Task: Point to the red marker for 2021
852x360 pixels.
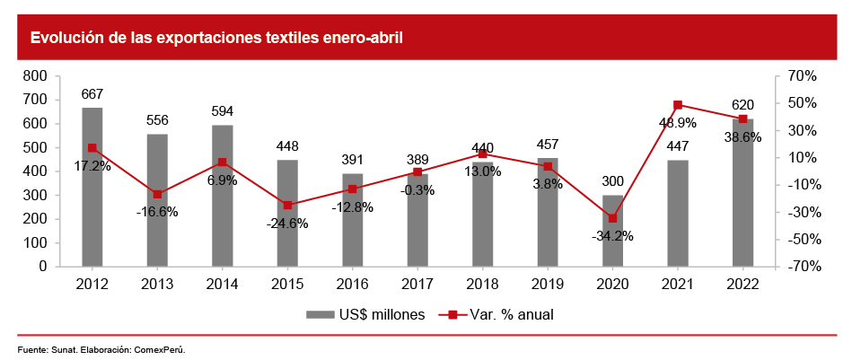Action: (678, 105)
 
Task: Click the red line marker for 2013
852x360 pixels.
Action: (157, 194)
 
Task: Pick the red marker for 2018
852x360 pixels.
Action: (482, 154)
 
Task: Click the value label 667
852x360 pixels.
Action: (92, 94)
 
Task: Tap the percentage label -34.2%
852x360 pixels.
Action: (612, 236)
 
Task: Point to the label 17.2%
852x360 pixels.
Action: (92, 166)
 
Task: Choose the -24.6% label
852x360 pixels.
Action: (287, 224)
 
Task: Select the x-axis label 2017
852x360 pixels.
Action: (417, 284)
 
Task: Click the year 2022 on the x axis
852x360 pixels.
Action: (742, 284)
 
